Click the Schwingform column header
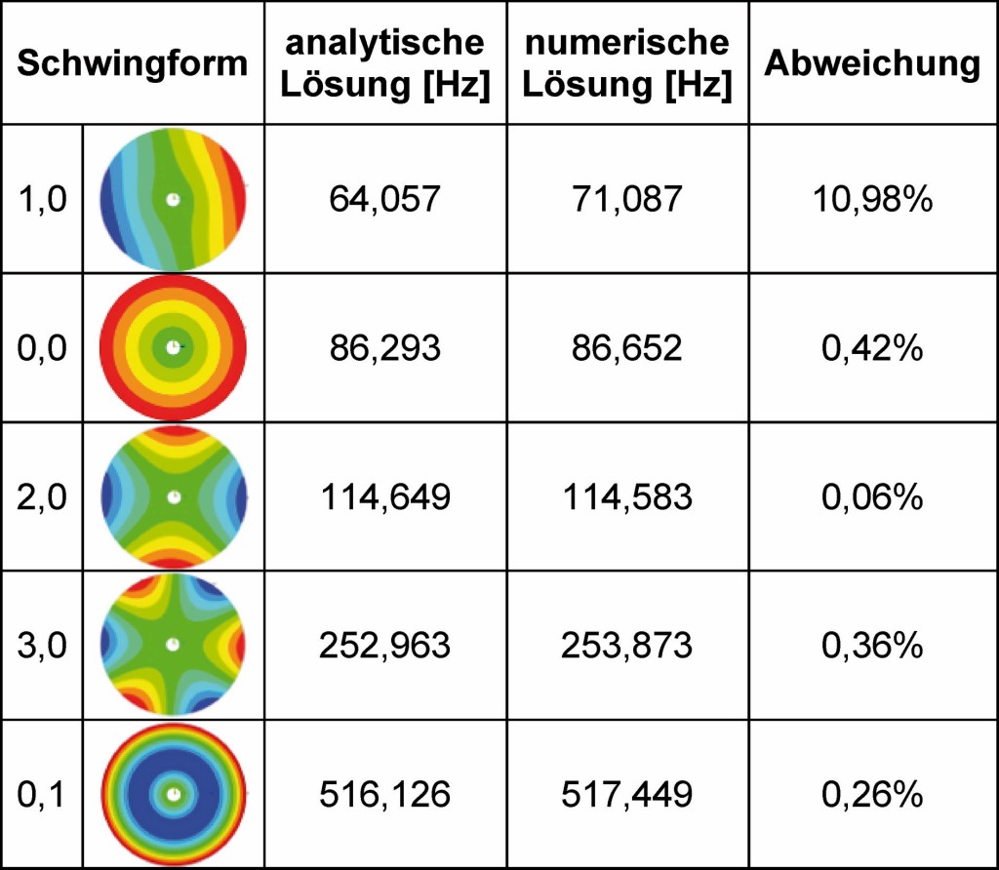click(x=133, y=64)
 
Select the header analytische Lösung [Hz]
click(x=384, y=64)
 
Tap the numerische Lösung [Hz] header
click(x=626, y=64)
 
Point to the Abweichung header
click(x=872, y=64)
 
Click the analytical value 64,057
click(x=384, y=200)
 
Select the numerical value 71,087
click(x=626, y=200)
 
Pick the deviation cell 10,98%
click(x=872, y=200)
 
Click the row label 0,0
click(x=43, y=348)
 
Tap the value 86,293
click(x=384, y=348)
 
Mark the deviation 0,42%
click(x=872, y=348)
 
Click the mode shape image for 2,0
click(x=174, y=496)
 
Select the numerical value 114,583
click(x=626, y=497)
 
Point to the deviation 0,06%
click(x=872, y=497)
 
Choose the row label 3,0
click(x=43, y=645)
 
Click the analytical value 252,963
click(x=384, y=645)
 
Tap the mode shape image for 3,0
click(x=174, y=645)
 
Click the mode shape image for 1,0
click(x=174, y=200)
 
